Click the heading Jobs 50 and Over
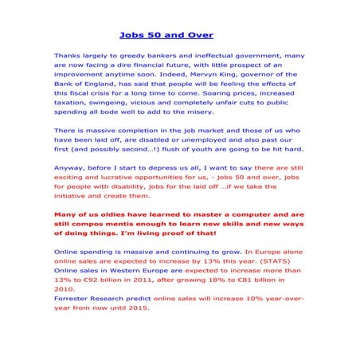coord(166,35)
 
